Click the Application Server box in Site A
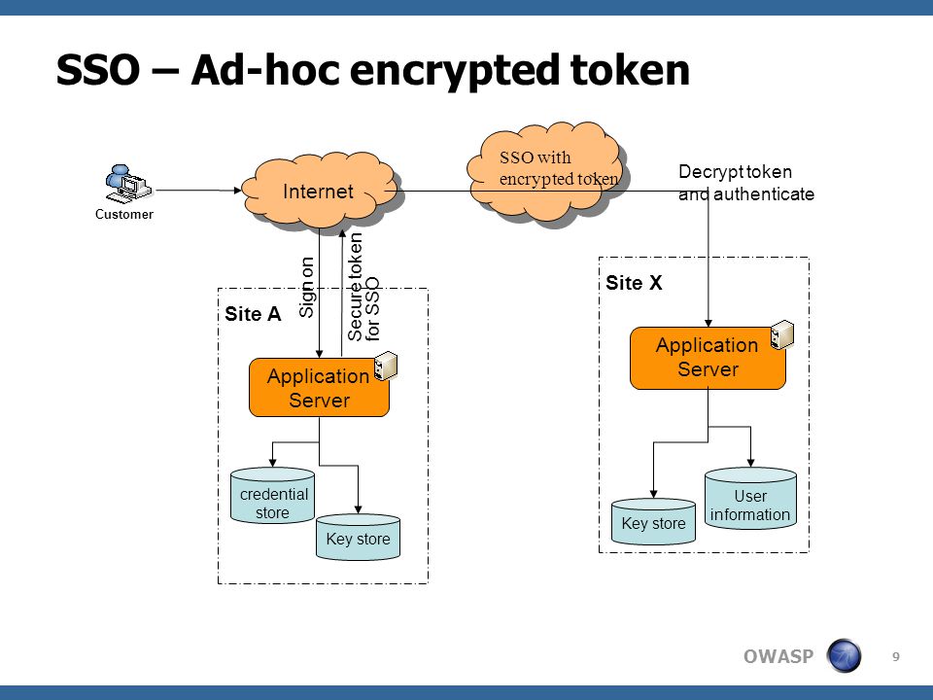(x=319, y=388)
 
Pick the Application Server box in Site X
(x=708, y=358)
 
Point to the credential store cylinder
(x=272, y=496)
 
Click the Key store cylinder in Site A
(x=359, y=538)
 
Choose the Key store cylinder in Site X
(x=653, y=522)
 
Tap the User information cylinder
(x=750, y=498)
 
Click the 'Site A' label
(x=253, y=314)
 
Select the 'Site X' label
(x=634, y=283)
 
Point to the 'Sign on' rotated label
(x=306, y=287)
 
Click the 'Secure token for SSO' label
(x=363, y=287)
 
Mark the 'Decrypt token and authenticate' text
(x=746, y=183)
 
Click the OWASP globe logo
(x=844, y=656)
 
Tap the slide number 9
(x=895, y=656)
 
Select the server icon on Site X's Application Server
(x=782, y=334)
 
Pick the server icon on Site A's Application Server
(x=386, y=366)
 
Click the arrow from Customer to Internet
(x=198, y=191)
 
